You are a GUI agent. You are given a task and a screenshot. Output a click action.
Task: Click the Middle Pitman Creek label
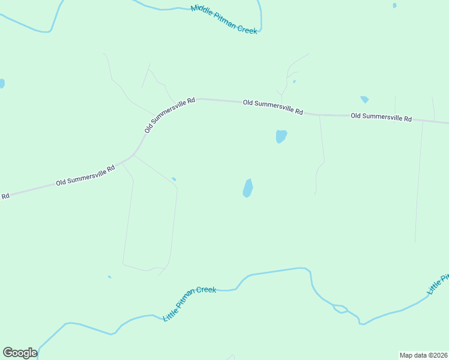pos(224,19)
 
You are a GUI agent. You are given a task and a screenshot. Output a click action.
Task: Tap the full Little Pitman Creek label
pos(190,303)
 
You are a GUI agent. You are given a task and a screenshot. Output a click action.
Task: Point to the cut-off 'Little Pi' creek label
pos(438,284)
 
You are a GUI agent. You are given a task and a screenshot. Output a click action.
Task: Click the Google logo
pos(20,353)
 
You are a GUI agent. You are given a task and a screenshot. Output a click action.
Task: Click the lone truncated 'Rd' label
pos(5,196)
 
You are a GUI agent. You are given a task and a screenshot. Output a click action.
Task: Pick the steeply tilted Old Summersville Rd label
pos(170,115)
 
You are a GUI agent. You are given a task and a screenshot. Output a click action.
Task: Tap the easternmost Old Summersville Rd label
pos(381,117)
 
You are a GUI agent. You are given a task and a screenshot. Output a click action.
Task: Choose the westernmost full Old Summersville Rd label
pos(85,176)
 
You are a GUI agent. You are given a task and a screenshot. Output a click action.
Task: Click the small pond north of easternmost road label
pos(364,99)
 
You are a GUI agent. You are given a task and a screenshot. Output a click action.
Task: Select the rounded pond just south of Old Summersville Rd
pos(281,136)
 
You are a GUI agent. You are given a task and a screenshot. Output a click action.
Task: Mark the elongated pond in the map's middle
pos(247,188)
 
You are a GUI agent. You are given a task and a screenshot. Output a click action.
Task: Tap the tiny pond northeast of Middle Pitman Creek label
pos(394,5)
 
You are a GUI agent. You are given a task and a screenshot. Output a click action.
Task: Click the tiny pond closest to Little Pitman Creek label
pos(109,277)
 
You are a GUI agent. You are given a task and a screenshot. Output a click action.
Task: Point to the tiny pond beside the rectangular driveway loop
pos(174,179)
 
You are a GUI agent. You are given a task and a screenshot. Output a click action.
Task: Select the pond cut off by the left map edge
pos(2,83)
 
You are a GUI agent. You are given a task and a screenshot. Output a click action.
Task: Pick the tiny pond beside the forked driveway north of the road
pos(294,82)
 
